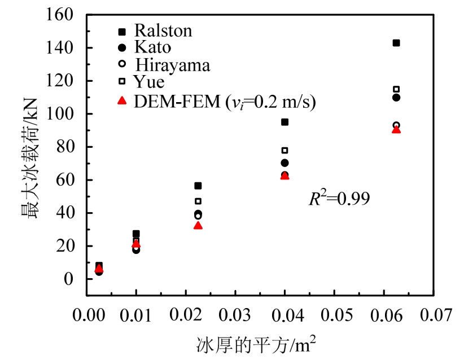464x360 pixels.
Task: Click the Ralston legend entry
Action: (x=163, y=30)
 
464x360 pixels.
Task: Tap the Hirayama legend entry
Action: (x=172, y=65)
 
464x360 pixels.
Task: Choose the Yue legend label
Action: (x=149, y=82)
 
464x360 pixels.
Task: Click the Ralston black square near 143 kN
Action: (x=396, y=43)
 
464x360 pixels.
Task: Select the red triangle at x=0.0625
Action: (x=396, y=129)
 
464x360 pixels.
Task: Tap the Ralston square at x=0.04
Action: (x=284, y=122)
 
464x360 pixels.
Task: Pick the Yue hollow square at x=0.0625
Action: (x=396, y=89)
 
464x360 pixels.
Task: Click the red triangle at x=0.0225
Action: (x=198, y=225)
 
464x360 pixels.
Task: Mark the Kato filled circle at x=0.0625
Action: (x=396, y=98)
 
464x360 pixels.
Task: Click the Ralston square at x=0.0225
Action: (x=198, y=186)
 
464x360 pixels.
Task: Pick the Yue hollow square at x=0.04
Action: (x=284, y=150)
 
